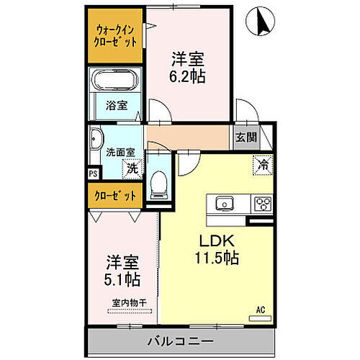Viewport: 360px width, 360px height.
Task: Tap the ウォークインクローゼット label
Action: pos(115,36)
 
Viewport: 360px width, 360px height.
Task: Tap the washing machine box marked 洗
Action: pos(132,170)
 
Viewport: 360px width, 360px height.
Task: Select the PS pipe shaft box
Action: pos(92,173)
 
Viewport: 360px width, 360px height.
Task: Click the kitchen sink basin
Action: pos(222,202)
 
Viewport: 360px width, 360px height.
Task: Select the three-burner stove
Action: pos(261,202)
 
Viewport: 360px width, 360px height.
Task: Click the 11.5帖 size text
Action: pos(215,257)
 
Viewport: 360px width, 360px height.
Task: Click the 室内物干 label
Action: pos(129,303)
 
